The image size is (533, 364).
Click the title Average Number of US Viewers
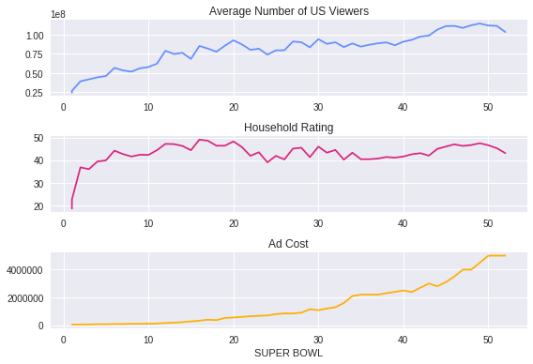tap(289, 11)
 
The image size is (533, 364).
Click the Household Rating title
tap(289, 128)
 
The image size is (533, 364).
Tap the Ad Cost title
tap(288, 244)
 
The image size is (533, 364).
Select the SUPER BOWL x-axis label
tap(289, 353)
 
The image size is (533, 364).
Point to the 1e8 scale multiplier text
tap(58, 14)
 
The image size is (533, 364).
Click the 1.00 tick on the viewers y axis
tap(35, 36)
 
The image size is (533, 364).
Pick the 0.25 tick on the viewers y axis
tap(35, 93)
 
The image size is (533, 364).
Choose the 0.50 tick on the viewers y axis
tap(35, 74)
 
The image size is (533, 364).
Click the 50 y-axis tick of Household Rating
tap(38, 138)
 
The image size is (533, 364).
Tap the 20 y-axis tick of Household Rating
tap(38, 206)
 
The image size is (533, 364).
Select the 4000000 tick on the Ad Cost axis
tap(25, 270)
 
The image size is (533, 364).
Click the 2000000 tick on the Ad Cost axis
tap(25, 298)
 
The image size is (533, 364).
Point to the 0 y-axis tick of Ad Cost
tap(40, 326)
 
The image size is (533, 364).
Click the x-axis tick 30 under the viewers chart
tap(318, 107)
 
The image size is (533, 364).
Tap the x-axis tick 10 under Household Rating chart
tap(148, 223)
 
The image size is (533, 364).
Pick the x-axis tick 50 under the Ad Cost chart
tap(488, 340)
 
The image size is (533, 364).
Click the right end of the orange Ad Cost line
tap(505, 255)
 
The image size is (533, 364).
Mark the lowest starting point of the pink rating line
tap(72, 208)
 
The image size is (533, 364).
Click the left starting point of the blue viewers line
tap(72, 92)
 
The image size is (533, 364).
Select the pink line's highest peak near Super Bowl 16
tap(200, 140)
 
